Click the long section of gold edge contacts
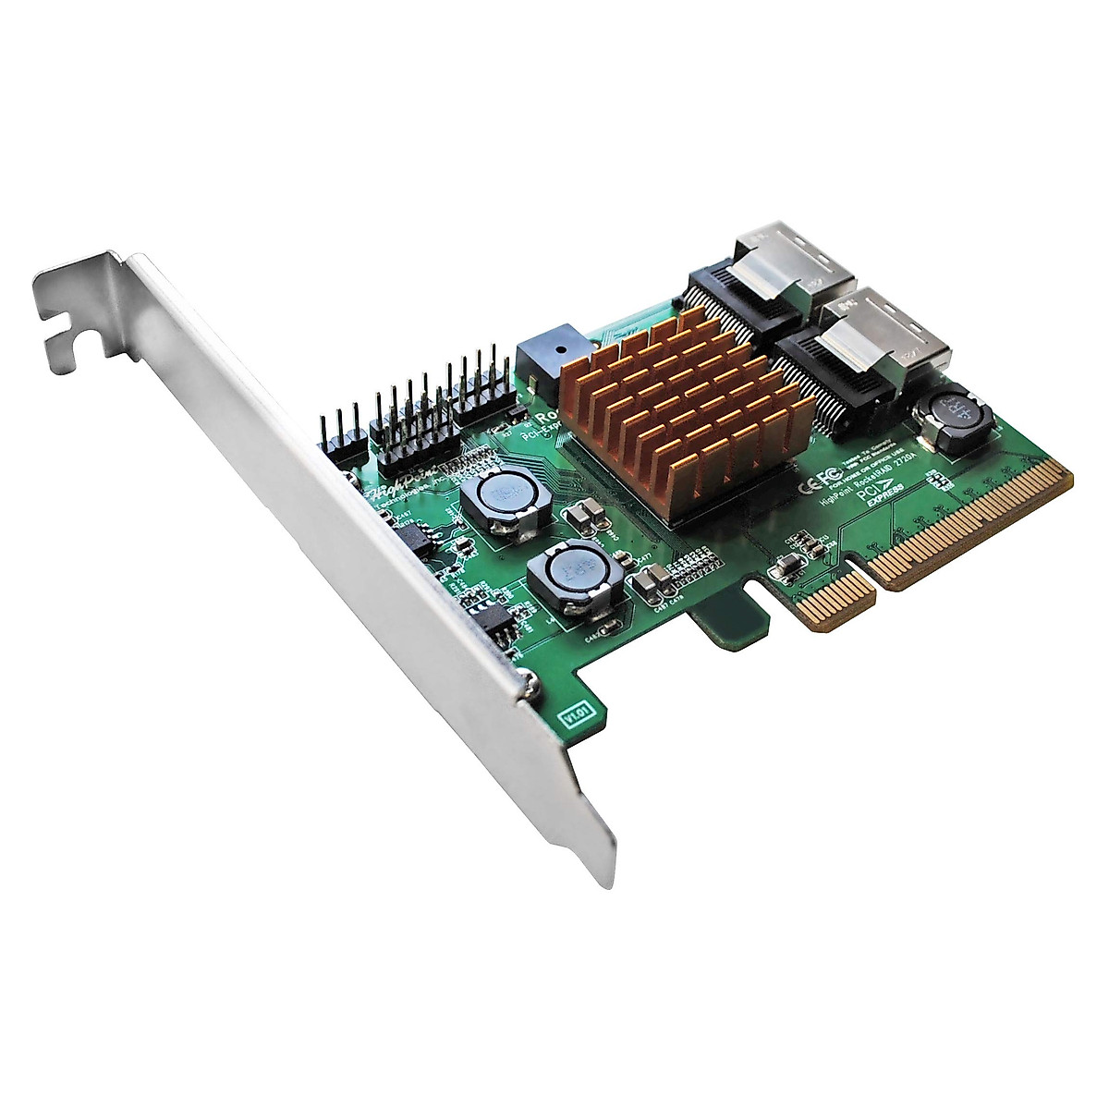[970, 527]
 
